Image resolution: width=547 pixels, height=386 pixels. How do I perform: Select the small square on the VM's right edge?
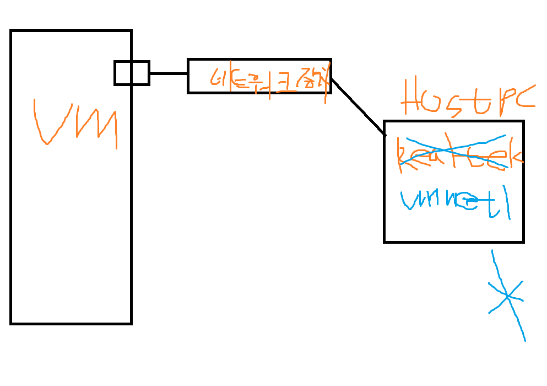pyautogui.click(x=132, y=73)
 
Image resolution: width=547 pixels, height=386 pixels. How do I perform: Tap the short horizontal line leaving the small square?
pyautogui.click(x=168, y=73)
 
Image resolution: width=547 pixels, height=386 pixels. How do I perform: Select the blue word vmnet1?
pyautogui.click(x=455, y=201)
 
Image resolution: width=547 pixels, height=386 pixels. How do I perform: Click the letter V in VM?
pyautogui.click(x=52, y=122)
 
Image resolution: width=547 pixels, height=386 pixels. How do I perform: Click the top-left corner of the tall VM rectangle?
pyautogui.click(x=11, y=31)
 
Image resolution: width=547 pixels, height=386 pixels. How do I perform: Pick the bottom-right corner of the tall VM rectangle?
pyautogui.click(x=131, y=323)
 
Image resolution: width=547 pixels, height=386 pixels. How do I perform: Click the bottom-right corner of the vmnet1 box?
pyautogui.click(x=523, y=241)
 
